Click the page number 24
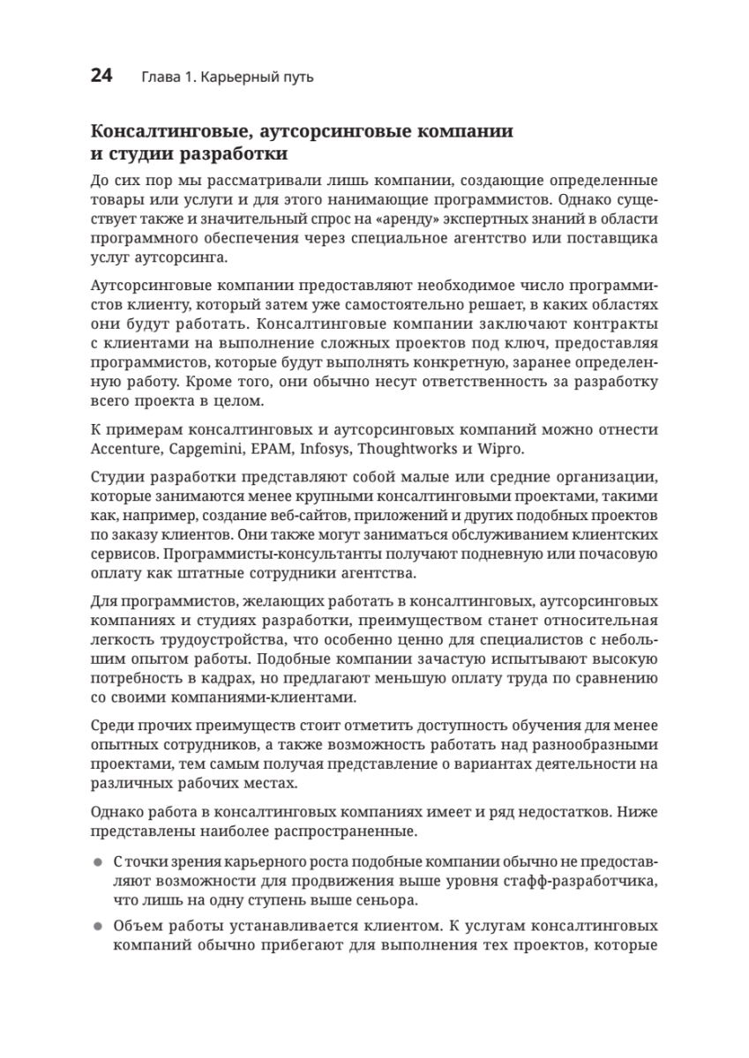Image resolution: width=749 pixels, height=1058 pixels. point(101,76)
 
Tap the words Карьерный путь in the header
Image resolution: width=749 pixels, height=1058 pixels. point(257,78)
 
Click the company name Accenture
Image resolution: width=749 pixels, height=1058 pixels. point(124,449)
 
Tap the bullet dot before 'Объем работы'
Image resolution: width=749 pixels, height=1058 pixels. point(98,928)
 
